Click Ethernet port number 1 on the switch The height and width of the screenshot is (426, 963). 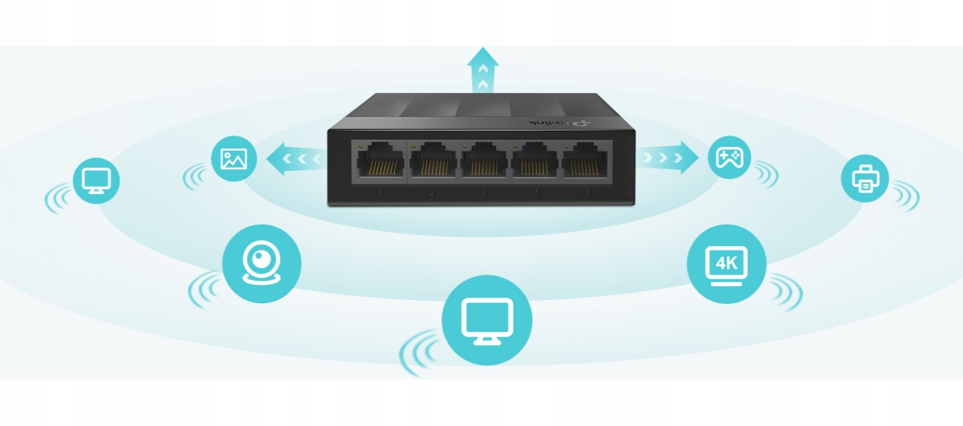(x=381, y=163)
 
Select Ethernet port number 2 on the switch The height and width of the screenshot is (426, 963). (x=433, y=163)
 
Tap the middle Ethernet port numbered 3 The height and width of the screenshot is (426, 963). (x=484, y=163)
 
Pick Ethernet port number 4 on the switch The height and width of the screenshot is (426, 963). (x=535, y=163)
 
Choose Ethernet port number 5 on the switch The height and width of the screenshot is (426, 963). (x=586, y=163)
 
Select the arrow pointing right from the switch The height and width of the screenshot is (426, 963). (x=669, y=157)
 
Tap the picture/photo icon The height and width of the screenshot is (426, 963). (x=234, y=158)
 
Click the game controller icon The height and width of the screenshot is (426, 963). (x=729, y=157)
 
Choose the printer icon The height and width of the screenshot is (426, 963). (x=865, y=177)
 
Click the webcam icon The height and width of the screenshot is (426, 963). (x=261, y=262)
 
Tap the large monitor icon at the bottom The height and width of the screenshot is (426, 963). (x=487, y=321)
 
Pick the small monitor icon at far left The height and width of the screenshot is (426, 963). (x=96, y=180)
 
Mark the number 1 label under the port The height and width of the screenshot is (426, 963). (x=381, y=193)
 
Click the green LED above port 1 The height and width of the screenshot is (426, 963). (x=362, y=145)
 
